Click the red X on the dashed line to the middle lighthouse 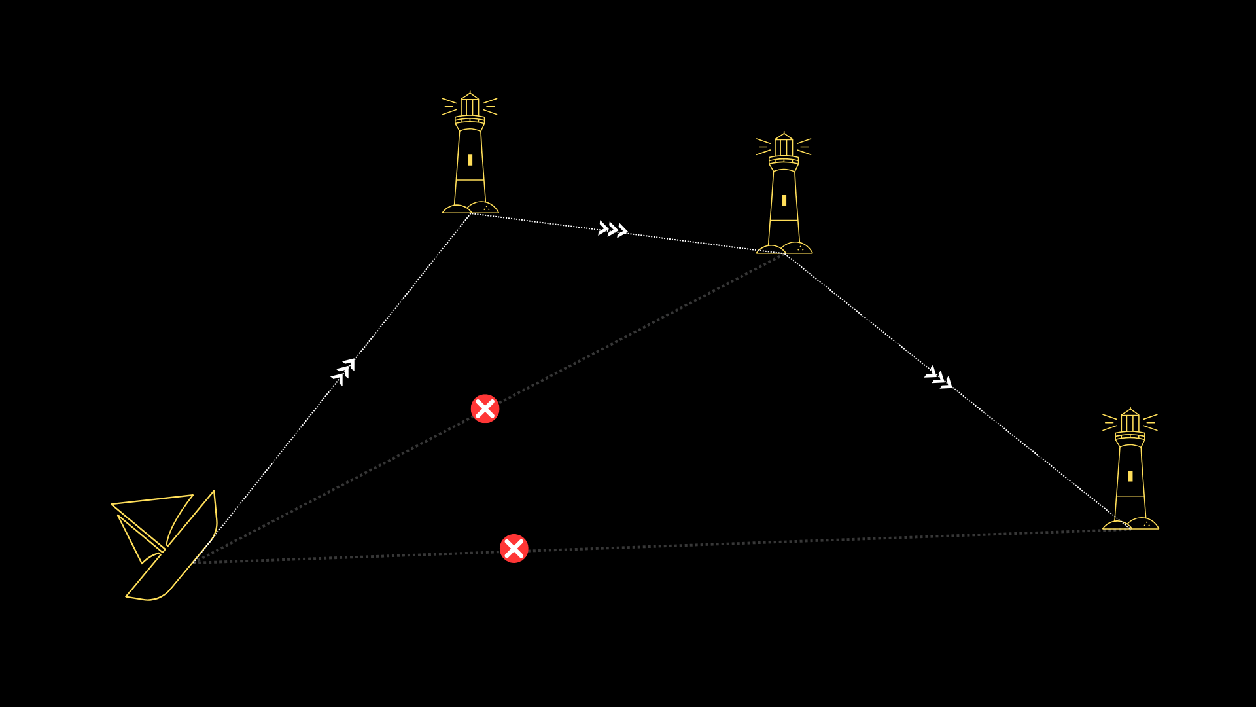pyautogui.click(x=485, y=408)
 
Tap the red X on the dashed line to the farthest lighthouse pyautogui.click(x=514, y=549)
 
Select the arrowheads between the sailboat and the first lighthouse pyautogui.click(x=343, y=371)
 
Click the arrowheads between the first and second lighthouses pyautogui.click(x=613, y=229)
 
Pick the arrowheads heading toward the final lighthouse pyautogui.click(x=939, y=378)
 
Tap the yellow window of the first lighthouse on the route pyautogui.click(x=470, y=160)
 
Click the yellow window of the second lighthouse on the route pyautogui.click(x=784, y=200)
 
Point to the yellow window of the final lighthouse pyautogui.click(x=1130, y=476)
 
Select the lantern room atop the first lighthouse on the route pyautogui.click(x=470, y=106)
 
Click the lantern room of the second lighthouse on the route pyautogui.click(x=784, y=147)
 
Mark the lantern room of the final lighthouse pyautogui.click(x=1130, y=422)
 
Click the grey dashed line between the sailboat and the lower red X pyautogui.click(x=347, y=557)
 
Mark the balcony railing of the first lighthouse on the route pyautogui.click(x=470, y=120)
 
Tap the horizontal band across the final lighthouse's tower pyautogui.click(x=1130, y=496)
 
